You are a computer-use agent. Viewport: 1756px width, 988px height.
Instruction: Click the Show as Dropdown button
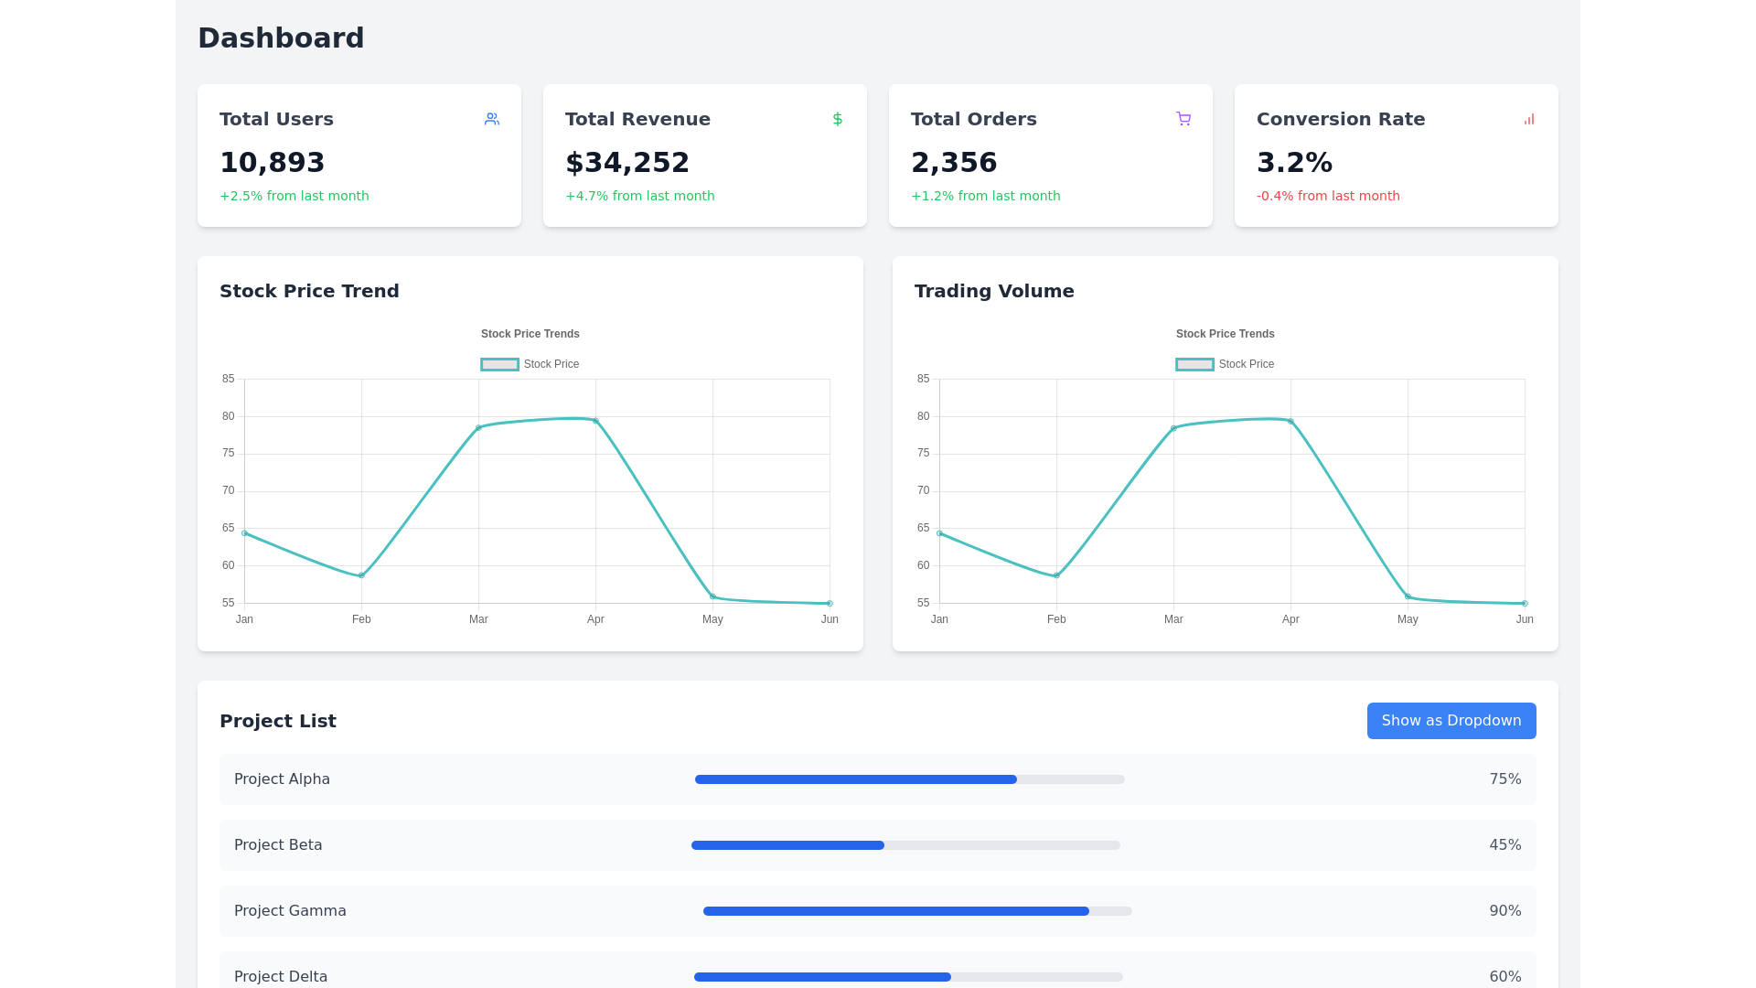pos(1451,721)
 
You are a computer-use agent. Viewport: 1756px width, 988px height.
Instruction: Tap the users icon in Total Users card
pos(492,119)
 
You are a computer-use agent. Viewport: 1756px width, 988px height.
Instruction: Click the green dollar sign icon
pos(837,119)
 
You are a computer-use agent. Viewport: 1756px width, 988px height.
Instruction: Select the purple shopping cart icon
pos(1183,119)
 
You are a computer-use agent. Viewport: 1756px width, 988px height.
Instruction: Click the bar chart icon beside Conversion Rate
pos(1528,119)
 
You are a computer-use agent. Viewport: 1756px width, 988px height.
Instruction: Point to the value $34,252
pos(626,163)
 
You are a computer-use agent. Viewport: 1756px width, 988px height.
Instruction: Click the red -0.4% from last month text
pos(1327,196)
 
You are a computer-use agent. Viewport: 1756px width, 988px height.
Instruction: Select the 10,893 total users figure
pos(272,163)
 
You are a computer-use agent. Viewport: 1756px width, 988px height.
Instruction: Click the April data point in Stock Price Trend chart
pos(595,421)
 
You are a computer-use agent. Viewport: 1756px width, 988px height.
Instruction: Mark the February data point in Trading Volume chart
pos(1056,575)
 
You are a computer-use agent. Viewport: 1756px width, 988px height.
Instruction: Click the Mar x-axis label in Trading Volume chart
pos(1173,619)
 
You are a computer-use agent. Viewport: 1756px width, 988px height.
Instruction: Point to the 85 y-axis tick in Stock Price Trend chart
pos(228,379)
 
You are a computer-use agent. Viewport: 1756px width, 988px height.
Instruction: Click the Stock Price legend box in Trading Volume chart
pos(1194,364)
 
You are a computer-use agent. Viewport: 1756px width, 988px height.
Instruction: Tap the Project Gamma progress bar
pos(916,911)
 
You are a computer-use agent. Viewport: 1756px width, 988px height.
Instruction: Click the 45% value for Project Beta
pos(1504,845)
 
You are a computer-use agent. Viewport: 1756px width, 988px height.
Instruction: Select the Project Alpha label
pos(282,779)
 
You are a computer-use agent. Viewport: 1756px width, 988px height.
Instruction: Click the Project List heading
pos(278,721)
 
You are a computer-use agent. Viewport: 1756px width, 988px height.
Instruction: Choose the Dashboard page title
pos(281,38)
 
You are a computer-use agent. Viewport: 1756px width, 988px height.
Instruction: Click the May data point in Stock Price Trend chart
pos(712,596)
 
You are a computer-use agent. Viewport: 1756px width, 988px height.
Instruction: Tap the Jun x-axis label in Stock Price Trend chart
pos(829,619)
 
